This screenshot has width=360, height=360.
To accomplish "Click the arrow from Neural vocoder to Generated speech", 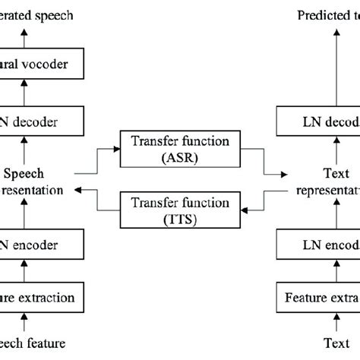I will click(x=24, y=36).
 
